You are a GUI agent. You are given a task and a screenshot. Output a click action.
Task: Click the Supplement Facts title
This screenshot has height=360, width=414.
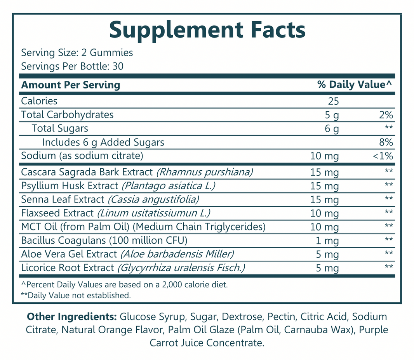tap(207, 30)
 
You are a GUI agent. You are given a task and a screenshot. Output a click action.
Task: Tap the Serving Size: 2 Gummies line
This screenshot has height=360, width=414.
tap(77, 53)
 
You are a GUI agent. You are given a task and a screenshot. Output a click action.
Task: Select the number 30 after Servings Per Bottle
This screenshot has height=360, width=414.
tap(117, 66)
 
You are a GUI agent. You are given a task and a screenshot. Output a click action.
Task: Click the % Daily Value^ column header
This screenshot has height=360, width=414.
tap(355, 85)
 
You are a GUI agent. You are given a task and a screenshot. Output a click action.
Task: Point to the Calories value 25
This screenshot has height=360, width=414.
tap(333, 102)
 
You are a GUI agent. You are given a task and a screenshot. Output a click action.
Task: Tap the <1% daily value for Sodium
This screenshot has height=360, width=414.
tap(383, 156)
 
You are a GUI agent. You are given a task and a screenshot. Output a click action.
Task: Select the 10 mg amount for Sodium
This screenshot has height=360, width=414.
tap(325, 156)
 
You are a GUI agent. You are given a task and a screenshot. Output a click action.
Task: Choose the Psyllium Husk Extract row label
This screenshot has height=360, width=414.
tap(70, 186)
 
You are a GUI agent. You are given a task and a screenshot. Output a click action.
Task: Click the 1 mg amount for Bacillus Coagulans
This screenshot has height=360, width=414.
tap(327, 241)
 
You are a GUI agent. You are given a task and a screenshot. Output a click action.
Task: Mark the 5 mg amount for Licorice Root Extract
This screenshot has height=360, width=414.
tap(327, 268)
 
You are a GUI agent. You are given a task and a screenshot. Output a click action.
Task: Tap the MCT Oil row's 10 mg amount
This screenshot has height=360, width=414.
tap(325, 227)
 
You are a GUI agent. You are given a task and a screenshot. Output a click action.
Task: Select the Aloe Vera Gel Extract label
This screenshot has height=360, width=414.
tap(69, 254)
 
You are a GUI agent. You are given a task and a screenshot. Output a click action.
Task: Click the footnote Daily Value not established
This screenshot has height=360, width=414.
tap(75, 296)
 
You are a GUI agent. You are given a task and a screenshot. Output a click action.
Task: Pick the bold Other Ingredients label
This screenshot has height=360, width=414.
tap(71, 317)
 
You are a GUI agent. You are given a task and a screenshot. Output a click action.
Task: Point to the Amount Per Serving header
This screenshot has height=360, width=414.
tap(71, 85)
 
